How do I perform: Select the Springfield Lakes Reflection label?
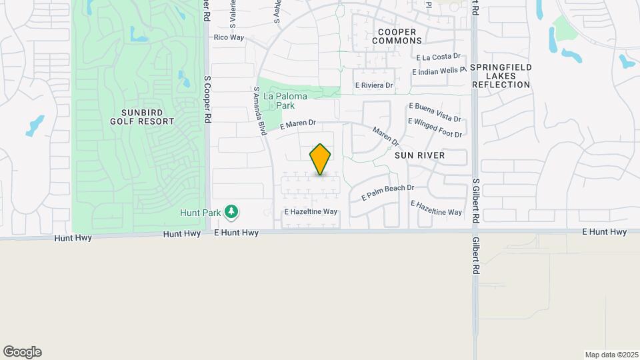501,76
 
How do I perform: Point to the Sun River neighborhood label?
419,155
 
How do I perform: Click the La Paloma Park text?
285,101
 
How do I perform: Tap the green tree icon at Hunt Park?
231,212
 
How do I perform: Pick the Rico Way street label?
229,37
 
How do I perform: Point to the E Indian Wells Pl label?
439,71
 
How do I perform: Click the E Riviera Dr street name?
374,85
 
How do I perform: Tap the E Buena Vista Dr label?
435,112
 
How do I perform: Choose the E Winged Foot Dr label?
435,128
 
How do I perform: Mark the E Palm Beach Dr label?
388,193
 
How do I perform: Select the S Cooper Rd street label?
207,97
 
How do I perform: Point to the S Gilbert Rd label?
475,200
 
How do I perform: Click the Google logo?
22,352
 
